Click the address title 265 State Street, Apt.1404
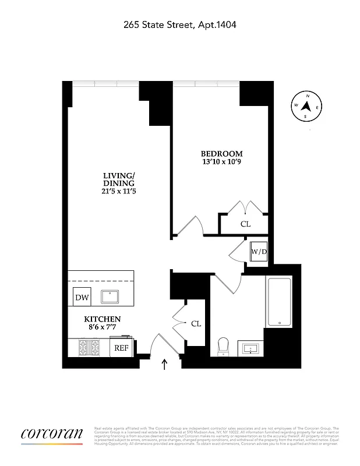tap(180, 24)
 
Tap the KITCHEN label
tap(103, 319)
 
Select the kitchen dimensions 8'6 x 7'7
tap(103, 327)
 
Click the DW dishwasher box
tap(82, 298)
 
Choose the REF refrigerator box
tap(121, 348)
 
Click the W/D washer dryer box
tap(258, 252)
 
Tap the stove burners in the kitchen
tap(89, 348)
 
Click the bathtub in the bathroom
tap(279, 302)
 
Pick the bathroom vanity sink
tap(252, 349)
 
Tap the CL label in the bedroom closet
tap(245, 224)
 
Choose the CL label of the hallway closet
tap(196, 323)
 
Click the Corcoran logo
tap(52, 434)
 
